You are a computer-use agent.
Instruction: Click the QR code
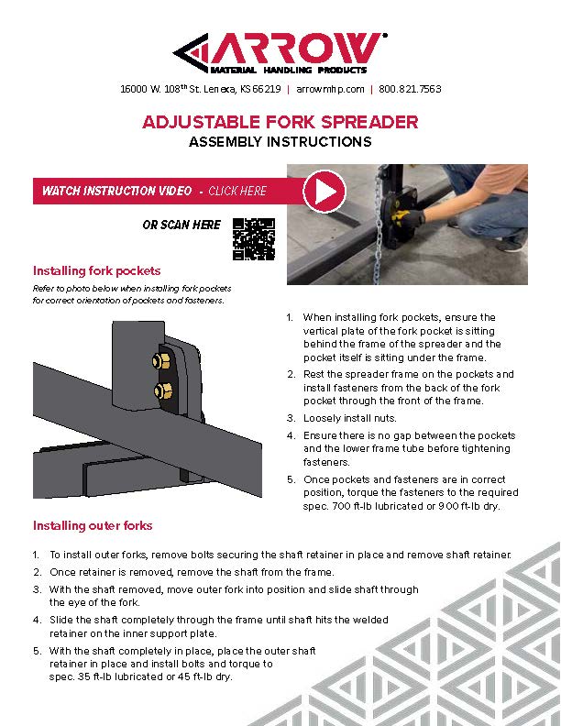pyautogui.click(x=253, y=237)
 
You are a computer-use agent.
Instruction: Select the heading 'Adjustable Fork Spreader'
pyautogui.click(x=280, y=122)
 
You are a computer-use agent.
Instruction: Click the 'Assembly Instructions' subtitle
pyautogui.click(x=280, y=142)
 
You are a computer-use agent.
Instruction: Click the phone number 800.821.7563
pyautogui.click(x=410, y=90)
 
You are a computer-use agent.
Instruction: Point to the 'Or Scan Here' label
pyautogui.click(x=181, y=225)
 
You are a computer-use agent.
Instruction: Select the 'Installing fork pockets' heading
pyautogui.click(x=97, y=271)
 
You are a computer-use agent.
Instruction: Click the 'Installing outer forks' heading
pyautogui.click(x=93, y=525)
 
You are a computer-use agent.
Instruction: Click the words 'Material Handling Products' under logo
pyautogui.click(x=289, y=70)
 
